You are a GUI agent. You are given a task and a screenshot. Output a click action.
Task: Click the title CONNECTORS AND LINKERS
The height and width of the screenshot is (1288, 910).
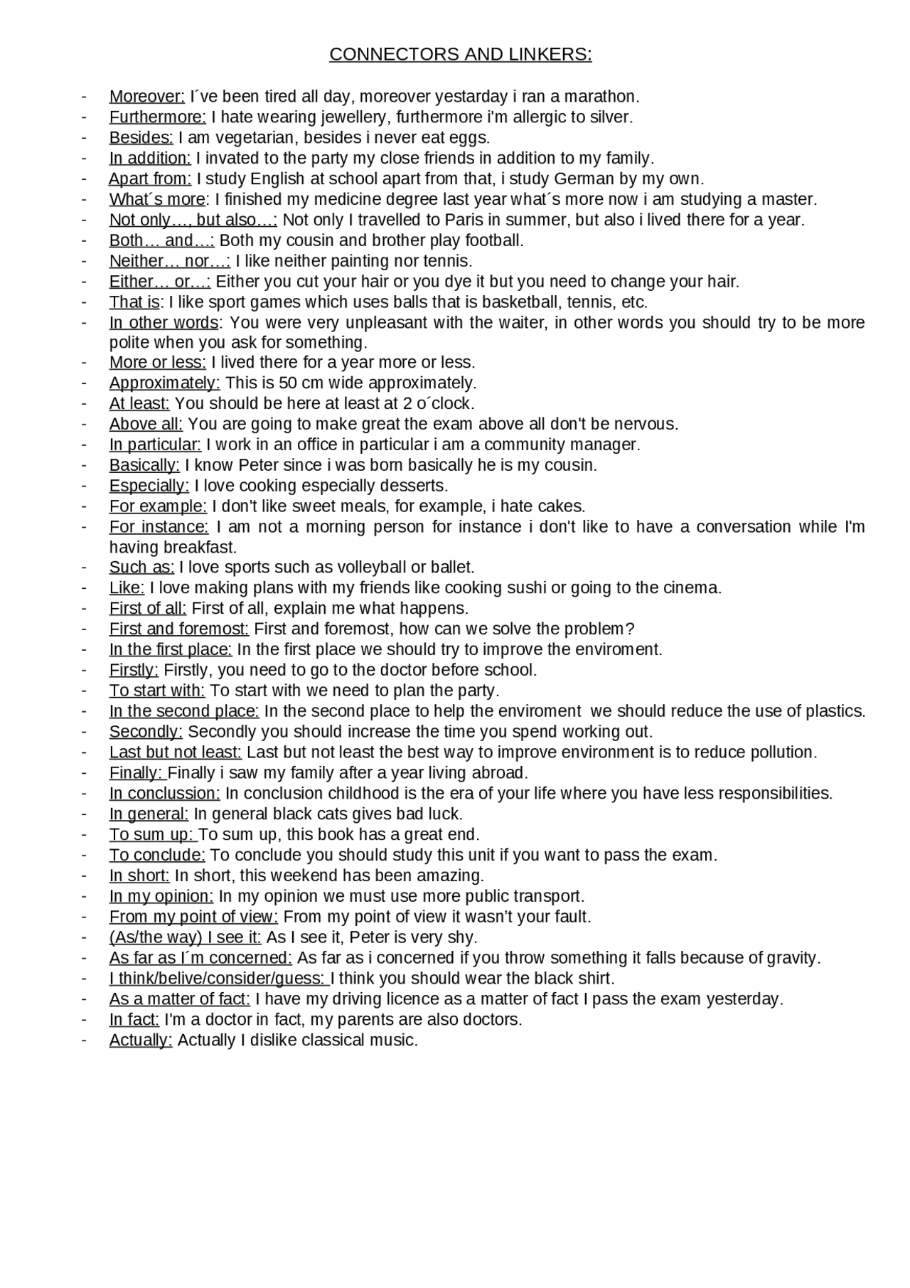point(460,55)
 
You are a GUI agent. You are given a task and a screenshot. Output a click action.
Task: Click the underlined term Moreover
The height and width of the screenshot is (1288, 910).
point(146,97)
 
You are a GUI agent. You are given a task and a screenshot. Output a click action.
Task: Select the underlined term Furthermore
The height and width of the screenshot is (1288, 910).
point(157,117)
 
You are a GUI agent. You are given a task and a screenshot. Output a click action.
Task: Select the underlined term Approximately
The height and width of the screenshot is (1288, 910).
point(164,383)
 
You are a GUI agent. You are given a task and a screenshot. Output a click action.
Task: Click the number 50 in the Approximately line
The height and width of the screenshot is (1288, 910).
point(288,383)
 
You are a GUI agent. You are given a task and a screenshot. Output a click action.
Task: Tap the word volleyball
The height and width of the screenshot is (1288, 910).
point(370,568)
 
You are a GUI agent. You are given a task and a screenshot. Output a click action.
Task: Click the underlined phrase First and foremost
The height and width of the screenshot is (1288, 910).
point(178,629)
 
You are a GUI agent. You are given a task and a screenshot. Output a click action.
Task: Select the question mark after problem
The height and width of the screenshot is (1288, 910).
point(629,629)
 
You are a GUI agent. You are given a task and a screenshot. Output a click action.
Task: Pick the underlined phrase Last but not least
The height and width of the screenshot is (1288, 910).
point(175,752)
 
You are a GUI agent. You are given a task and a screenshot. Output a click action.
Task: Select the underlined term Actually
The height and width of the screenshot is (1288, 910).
point(140,1040)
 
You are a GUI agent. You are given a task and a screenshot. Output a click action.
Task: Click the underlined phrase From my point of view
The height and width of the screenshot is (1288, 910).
point(193,917)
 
